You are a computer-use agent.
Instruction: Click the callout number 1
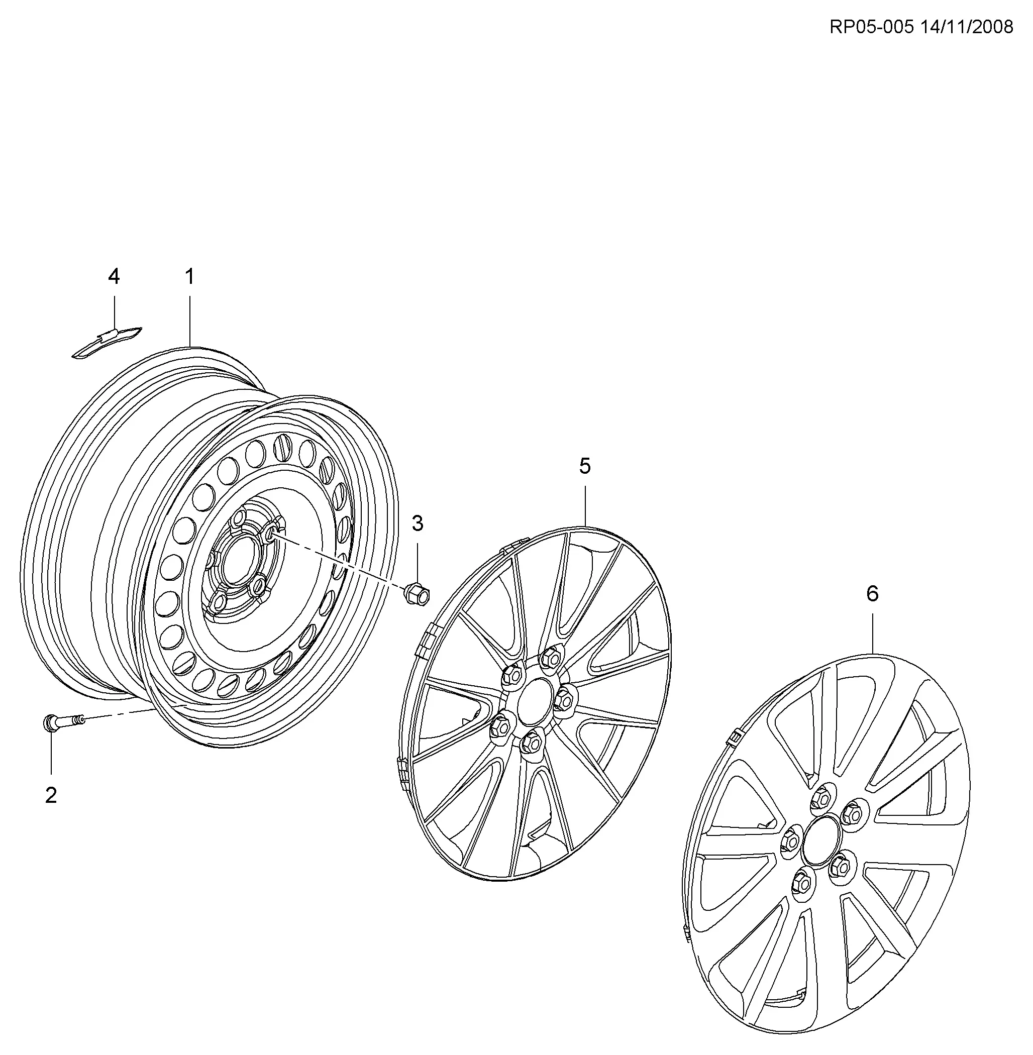[189, 277]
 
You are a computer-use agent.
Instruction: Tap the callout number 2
[51, 796]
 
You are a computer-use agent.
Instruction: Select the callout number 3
[417, 523]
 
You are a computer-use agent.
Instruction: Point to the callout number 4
[114, 277]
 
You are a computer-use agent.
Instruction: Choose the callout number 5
[585, 466]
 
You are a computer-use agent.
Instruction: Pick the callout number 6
[872, 593]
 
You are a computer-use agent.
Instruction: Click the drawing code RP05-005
[872, 27]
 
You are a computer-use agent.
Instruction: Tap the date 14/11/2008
[966, 27]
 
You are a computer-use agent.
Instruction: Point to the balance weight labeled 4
[107, 342]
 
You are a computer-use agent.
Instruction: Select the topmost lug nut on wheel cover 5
[552, 659]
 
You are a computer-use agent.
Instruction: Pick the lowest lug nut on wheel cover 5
[531, 741]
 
